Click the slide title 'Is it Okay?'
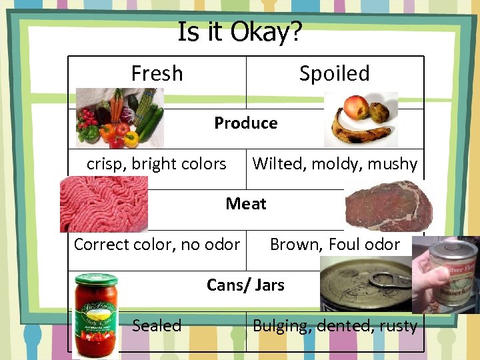click(x=240, y=31)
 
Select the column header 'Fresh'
click(x=157, y=73)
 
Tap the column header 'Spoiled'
click(x=334, y=73)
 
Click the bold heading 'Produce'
click(x=245, y=123)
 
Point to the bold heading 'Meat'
click(x=245, y=203)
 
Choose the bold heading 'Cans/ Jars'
click(x=245, y=285)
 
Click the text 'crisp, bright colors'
click(x=156, y=163)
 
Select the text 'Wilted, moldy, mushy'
click(x=335, y=163)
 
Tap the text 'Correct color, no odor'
click(x=157, y=245)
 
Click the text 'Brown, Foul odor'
click(x=335, y=245)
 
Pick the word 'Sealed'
click(x=157, y=325)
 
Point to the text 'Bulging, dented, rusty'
click(x=335, y=325)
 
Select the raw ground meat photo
click(x=103, y=203)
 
